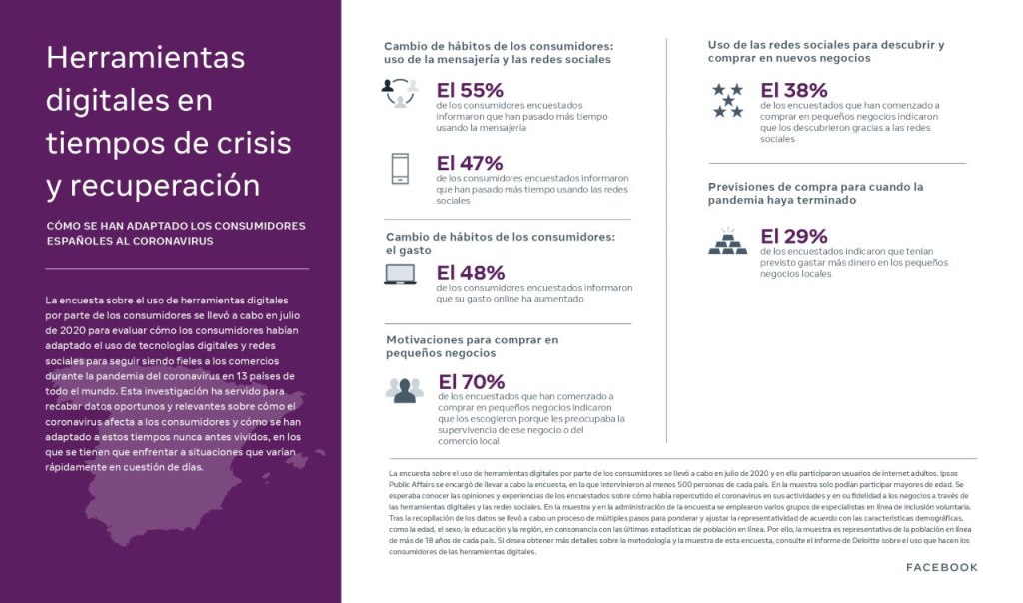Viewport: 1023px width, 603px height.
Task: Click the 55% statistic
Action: coord(470,91)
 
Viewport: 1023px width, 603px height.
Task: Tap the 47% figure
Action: coord(470,163)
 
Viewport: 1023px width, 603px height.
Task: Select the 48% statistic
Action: coord(471,273)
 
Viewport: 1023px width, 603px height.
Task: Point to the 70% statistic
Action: coord(472,382)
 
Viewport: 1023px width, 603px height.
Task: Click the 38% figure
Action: coord(794,90)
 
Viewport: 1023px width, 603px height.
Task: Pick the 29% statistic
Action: coord(794,236)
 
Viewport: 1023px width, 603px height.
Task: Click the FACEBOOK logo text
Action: coord(941,567)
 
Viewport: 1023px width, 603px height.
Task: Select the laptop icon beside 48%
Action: coord(400,274)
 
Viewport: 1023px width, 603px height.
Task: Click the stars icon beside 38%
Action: coord(727,100)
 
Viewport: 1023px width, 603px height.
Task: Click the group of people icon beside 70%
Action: coord(404,389)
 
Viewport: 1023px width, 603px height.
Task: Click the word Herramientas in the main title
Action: coord(145,58)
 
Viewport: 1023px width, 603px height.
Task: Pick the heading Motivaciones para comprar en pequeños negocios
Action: coord(472,345)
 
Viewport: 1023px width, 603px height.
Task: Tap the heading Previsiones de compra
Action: coord(815,193)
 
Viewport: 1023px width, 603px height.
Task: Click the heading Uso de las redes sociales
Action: coord(825,51)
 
